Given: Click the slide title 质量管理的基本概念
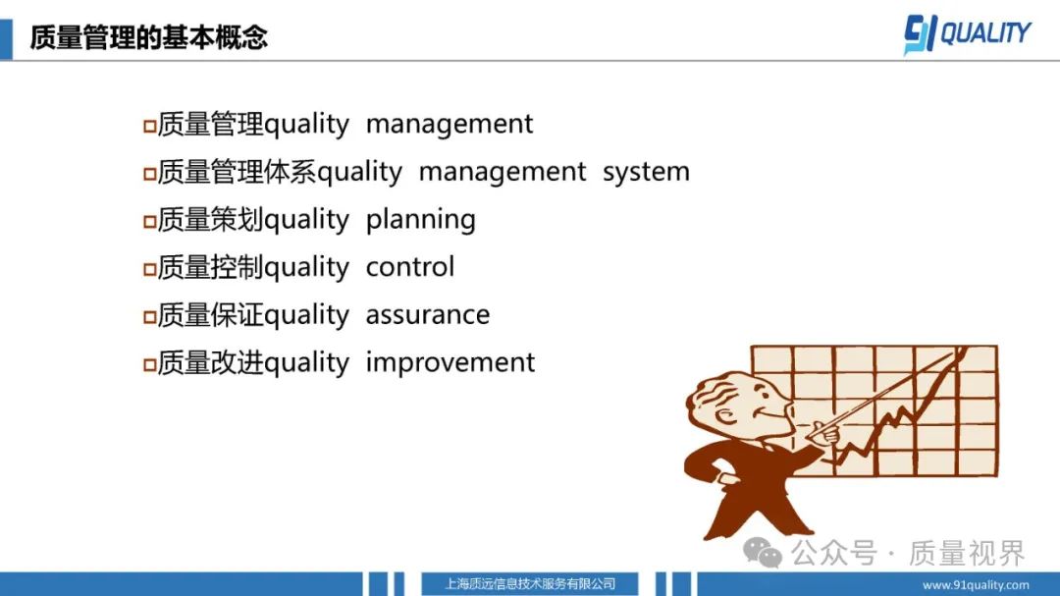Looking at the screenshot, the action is (x=148, y=37).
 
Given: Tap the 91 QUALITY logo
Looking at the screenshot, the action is (x=968, y=33).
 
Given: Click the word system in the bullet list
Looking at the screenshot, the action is (x=646, y=172).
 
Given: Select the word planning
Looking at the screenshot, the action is (x=420, y=220).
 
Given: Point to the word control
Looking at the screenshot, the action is (x=409, y=267).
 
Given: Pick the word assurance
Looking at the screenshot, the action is (x=428, y=315).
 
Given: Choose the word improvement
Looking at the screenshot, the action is (x=450, y=362).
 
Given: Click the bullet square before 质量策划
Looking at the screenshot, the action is (x=150, y=221).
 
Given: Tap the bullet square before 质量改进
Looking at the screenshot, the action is (x=150, y=364).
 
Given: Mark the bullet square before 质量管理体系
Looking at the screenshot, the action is (x=150, y=174).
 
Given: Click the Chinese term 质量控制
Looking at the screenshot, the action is (x=210, y=267).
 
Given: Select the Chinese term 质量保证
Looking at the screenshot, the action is (x=210, y=315).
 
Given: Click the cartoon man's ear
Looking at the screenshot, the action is (x=724, y=414).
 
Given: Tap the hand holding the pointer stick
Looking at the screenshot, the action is (x=824, y=432).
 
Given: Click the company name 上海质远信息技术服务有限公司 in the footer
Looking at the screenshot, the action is (x=530, y=584).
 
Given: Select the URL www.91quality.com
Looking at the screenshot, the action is (x=976, y=585).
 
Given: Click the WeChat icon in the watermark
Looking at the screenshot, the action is (x=763, y=554).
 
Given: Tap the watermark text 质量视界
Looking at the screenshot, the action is (x=968, y=554).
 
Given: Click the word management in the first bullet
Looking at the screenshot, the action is (x=450, y=125).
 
